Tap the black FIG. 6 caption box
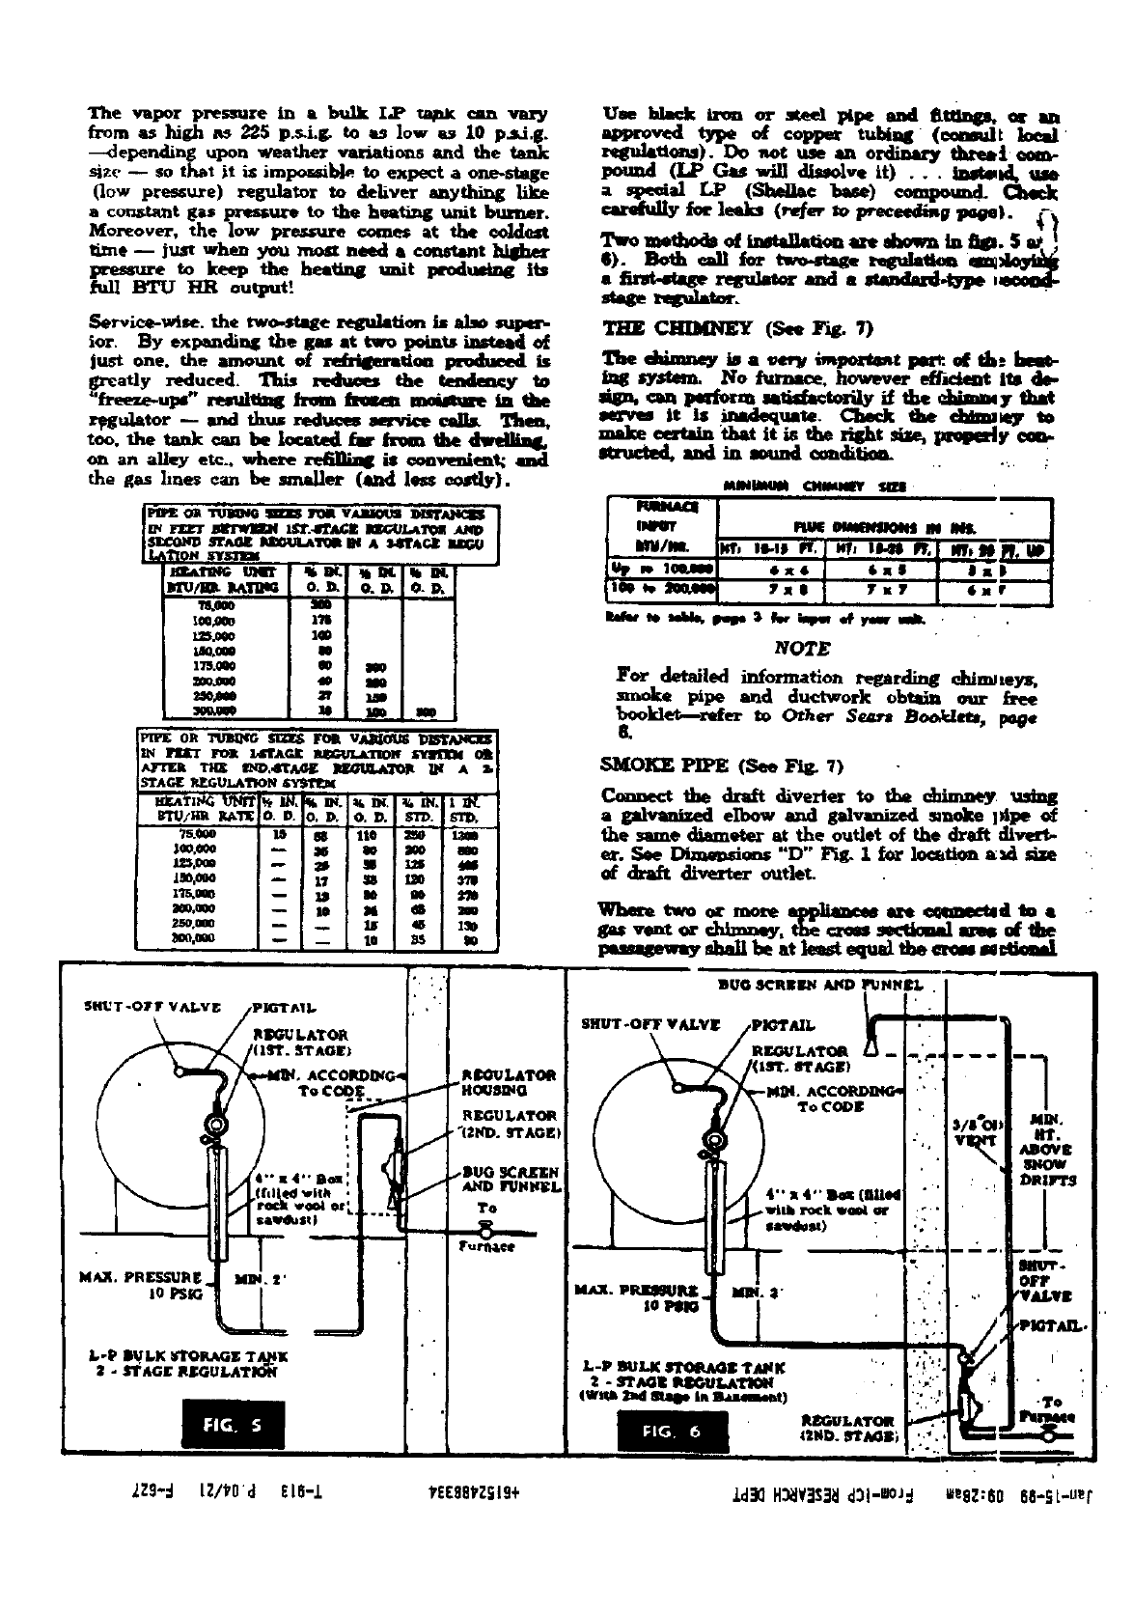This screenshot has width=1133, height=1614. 673,1431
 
